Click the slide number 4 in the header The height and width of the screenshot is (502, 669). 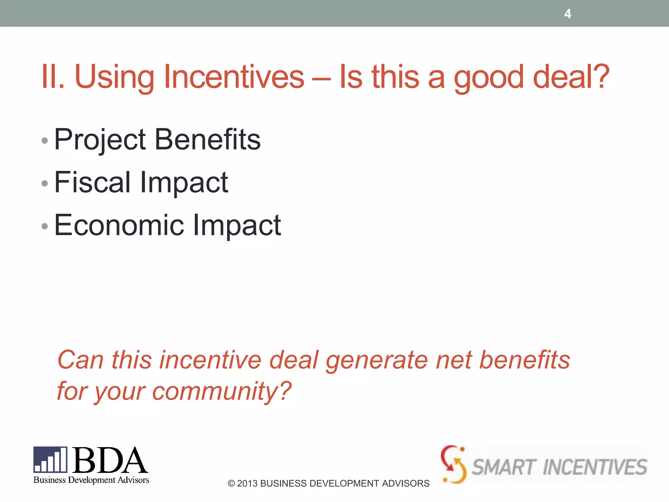[568, 14]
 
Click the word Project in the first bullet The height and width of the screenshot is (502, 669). [100, 140]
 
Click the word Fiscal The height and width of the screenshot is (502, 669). [92, 182]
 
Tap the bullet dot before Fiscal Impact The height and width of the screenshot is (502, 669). [45, 183]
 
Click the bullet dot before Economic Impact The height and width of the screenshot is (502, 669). [45, 226]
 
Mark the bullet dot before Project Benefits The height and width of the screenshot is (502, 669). [45, 141]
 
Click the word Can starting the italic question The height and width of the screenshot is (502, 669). [80, 360]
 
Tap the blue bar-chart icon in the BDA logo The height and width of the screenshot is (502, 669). [50, 460]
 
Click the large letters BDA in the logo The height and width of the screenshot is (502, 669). [109, 460]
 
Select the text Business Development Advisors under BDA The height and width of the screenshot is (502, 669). [91, 480]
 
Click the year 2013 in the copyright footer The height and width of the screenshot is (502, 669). [247, 483]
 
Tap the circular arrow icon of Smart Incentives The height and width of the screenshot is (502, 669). [453, 464]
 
